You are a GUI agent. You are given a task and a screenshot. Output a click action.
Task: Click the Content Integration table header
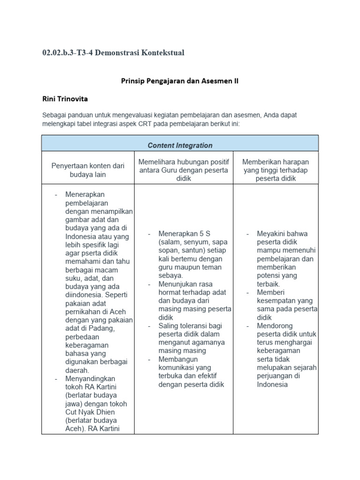click(x=180, y=145)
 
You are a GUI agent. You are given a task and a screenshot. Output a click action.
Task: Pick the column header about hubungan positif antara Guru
click(x=183, y=170)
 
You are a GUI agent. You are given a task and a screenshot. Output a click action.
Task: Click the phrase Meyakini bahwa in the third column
click(x=282, y=233)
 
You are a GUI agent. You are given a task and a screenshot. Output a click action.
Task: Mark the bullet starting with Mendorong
click(x=275, y=325)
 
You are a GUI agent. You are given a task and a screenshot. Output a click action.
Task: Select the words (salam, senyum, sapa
click(x=193, y=242)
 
